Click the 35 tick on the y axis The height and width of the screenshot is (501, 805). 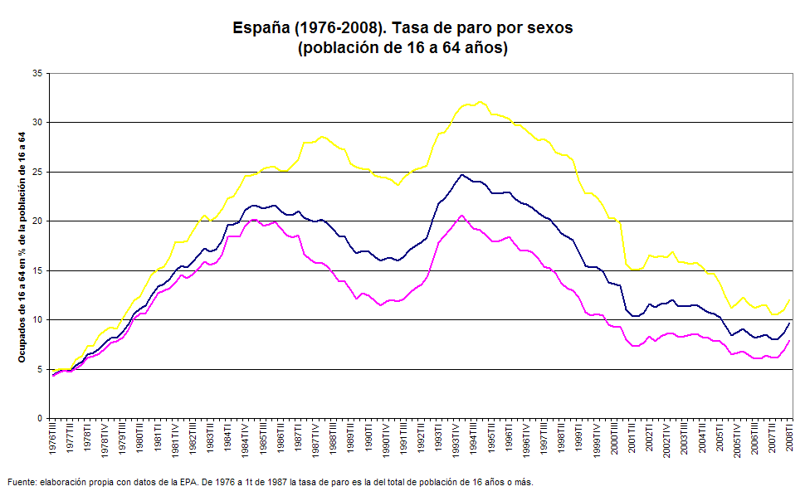(x=37, y=73)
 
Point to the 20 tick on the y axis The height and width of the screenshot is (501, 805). (x=37, y=221)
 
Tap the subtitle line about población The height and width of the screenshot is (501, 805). (x=402, y=48)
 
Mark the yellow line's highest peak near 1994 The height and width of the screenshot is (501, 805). (x=481, y=102)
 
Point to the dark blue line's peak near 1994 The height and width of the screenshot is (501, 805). (x=462, y=175)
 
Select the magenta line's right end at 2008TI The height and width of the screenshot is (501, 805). (x=789, y=341)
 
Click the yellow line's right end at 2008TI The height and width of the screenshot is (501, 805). (x=789, y=300)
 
